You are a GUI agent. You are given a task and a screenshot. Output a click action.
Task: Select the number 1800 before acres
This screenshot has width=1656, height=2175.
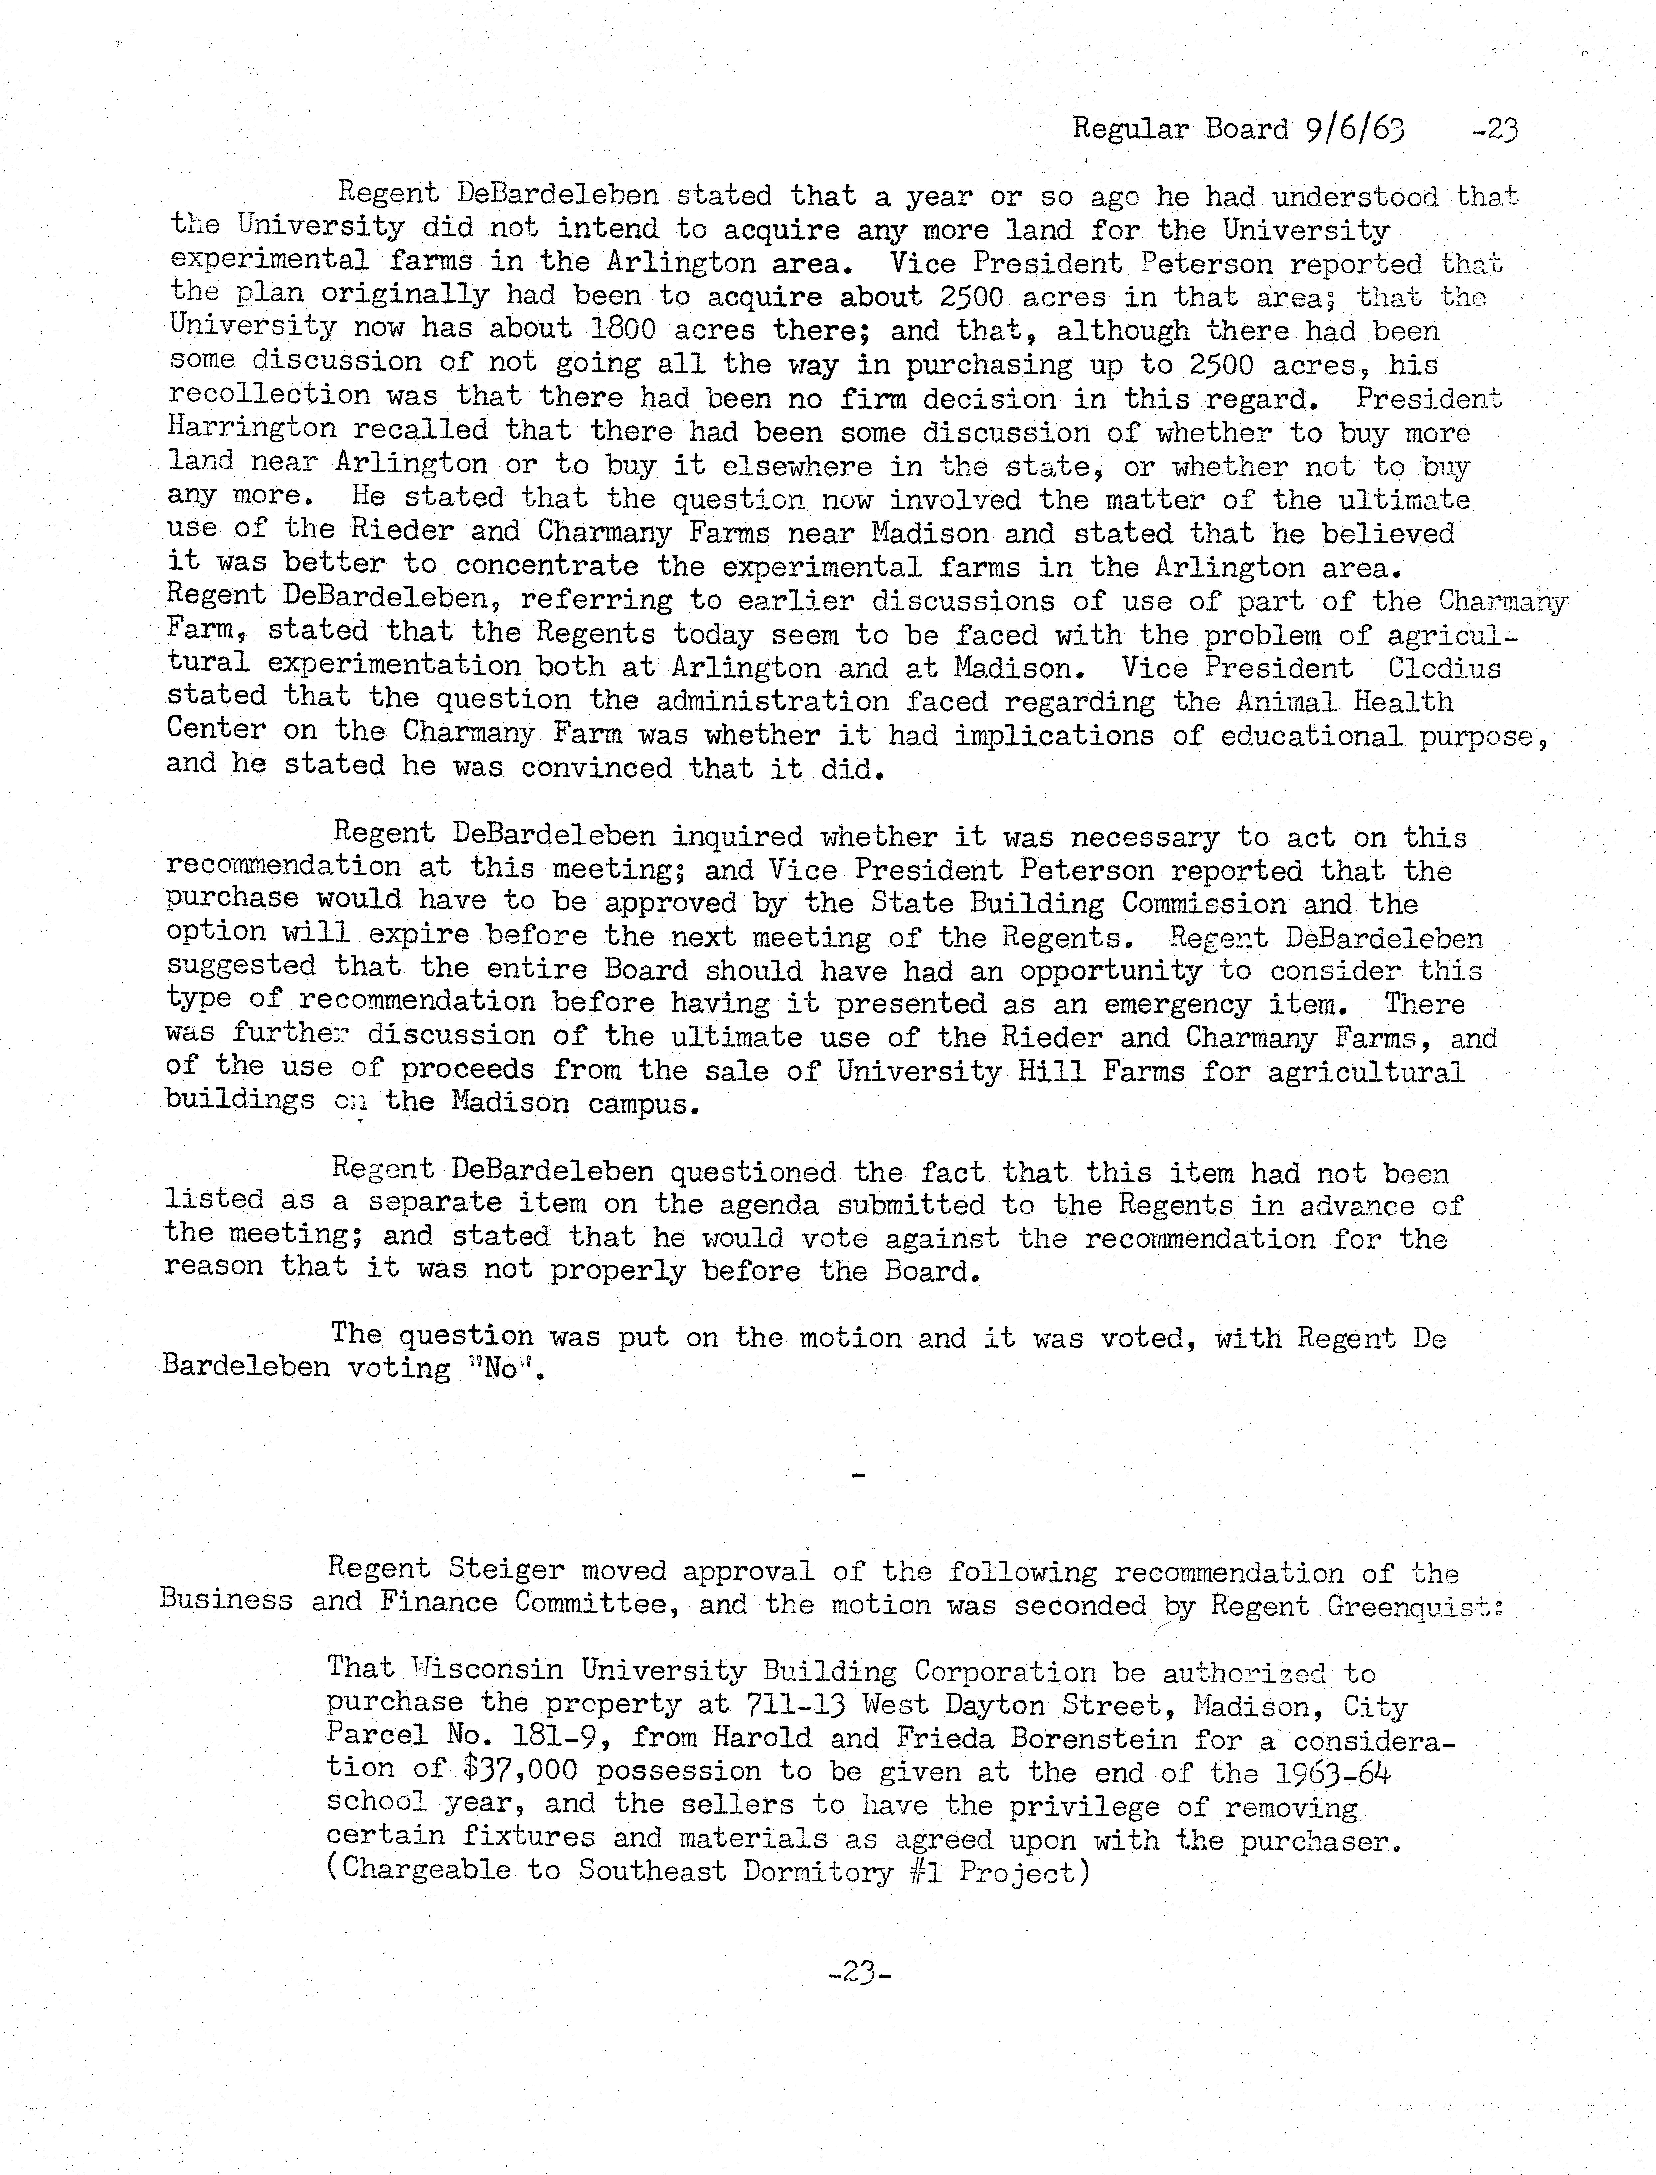click(622, 329)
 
